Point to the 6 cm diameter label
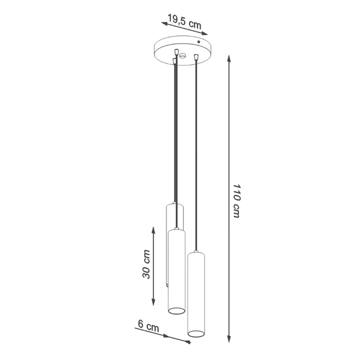click(x=148, y=325)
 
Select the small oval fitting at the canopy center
click(x=182, y=56)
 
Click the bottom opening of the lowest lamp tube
click(x=197, y=335)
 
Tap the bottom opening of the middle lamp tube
click(x=176, y=310)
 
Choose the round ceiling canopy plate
click(x=181, y=50)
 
